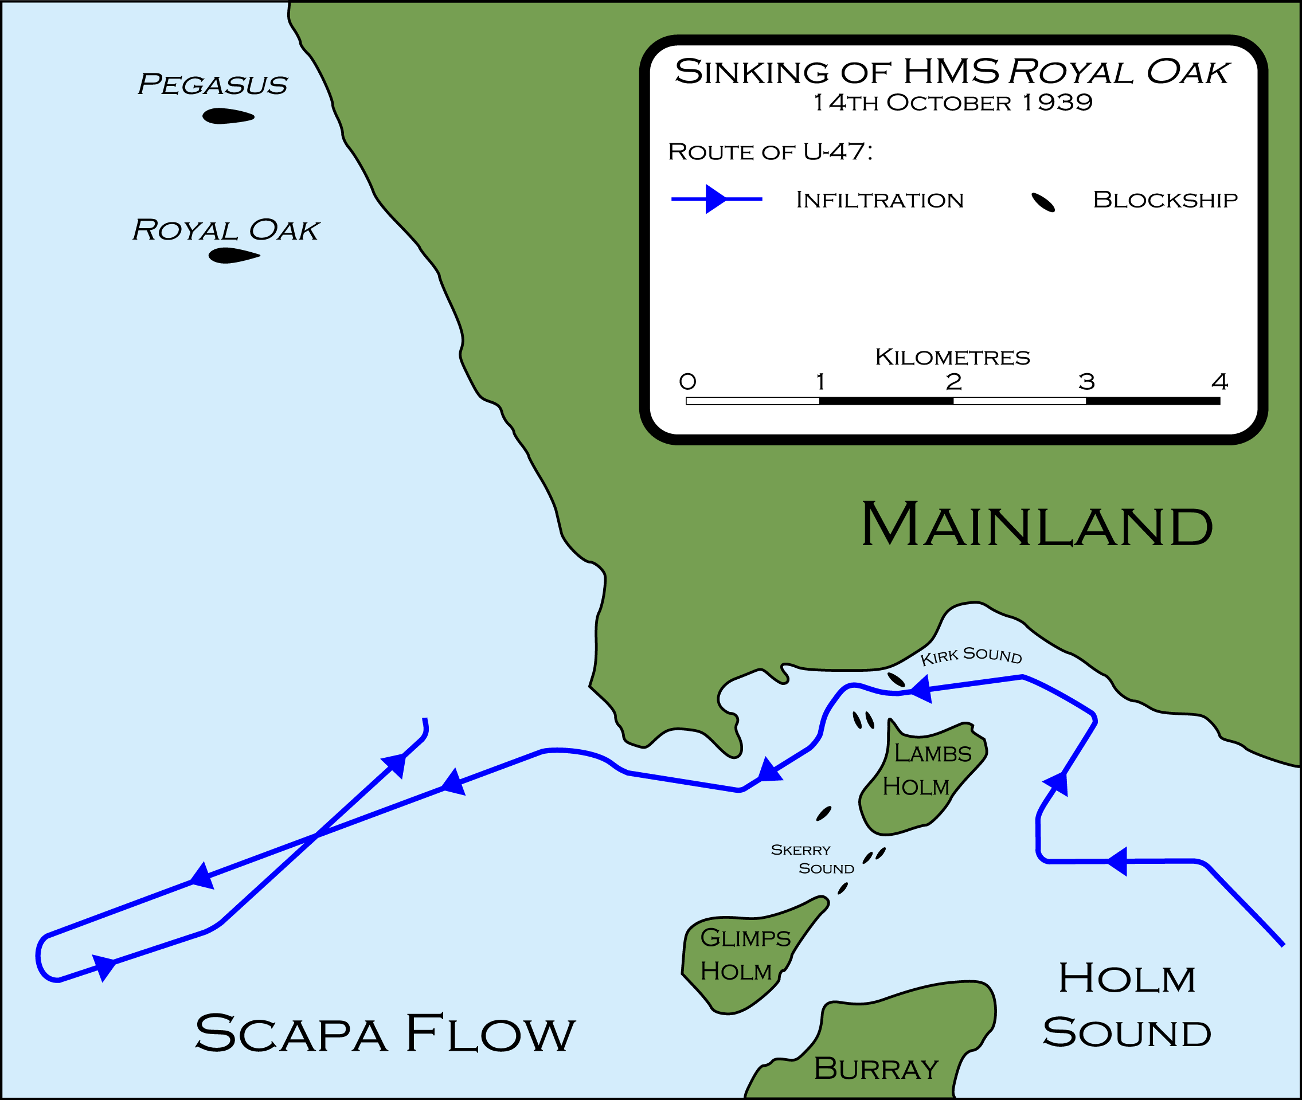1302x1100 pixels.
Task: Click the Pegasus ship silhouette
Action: tap(228, 116)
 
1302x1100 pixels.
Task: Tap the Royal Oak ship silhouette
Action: tap(234, 256)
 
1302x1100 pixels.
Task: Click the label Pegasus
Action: tap(213, 85)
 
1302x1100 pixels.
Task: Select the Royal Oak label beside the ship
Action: tap(226, 230)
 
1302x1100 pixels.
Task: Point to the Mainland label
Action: tap(1037, 525)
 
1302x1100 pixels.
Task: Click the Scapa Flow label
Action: tap(385, 1034)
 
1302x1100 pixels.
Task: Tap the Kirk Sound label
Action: tap(971, 656)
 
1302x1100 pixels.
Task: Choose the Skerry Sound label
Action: tap(812, 859)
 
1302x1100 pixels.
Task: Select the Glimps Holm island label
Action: tap(745, 954)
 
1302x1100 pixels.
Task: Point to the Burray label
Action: tap(876, 1068)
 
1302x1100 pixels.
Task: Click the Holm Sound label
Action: tap(1127, 1005)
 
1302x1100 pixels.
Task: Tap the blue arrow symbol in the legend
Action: tap(717, 199)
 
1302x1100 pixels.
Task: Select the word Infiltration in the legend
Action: tap(880, 200)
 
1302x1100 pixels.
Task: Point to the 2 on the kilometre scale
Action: tap(953, 382)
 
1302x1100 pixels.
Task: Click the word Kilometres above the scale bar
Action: tap(953, 357)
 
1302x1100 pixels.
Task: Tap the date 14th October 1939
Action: tap(953, 103)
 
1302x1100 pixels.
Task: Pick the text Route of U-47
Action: tap(770, 151)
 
